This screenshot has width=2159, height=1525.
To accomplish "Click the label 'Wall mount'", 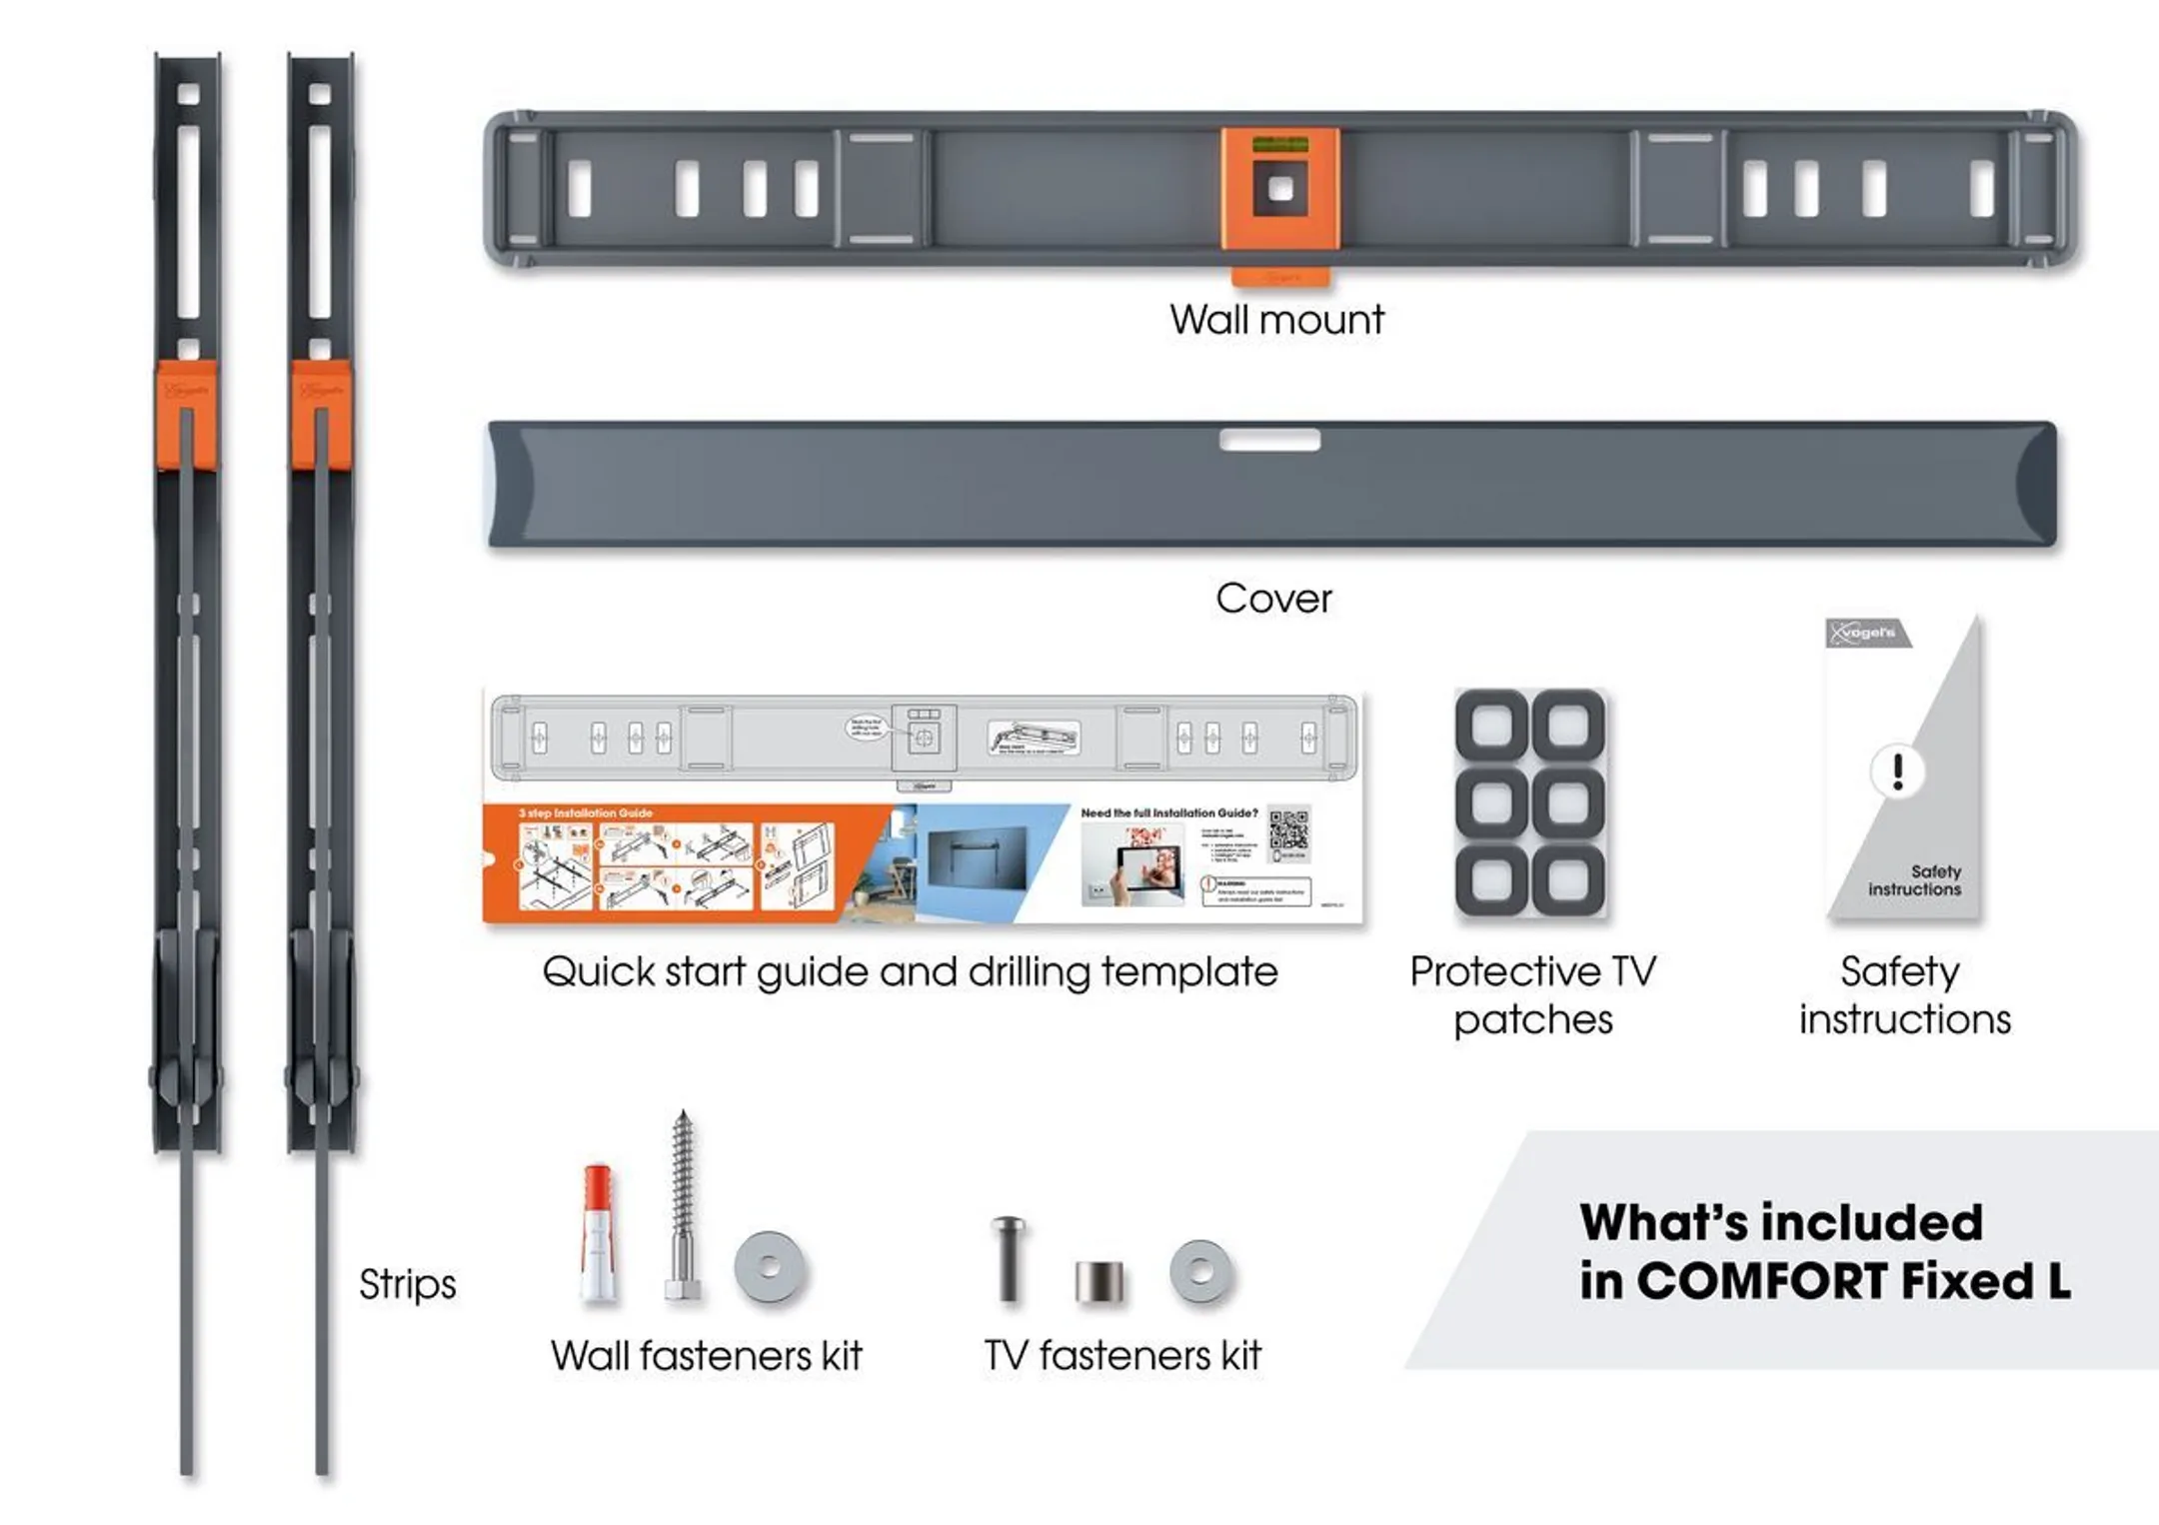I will (1276, 320).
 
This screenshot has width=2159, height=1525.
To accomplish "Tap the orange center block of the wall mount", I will (1279, 189).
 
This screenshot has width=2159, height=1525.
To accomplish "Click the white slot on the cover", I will (1269, 440).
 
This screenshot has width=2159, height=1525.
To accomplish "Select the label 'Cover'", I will (1273, 599).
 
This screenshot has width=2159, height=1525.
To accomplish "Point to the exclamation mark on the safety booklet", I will (1897, 770).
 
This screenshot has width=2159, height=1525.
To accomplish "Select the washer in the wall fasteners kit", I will (770, 1267).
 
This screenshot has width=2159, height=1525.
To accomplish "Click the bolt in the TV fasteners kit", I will (1008, 1257).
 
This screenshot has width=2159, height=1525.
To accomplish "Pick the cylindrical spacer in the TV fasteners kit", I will (1098, 1281).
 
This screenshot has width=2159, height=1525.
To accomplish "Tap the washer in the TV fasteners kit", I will (1201, 1271).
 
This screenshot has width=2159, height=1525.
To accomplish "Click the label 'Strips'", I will (407, 1284).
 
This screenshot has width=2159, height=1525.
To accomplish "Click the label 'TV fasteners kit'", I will (1121, 1356).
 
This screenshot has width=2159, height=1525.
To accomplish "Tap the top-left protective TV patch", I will (1492, 725).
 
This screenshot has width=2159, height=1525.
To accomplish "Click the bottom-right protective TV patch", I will (1567, 880).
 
